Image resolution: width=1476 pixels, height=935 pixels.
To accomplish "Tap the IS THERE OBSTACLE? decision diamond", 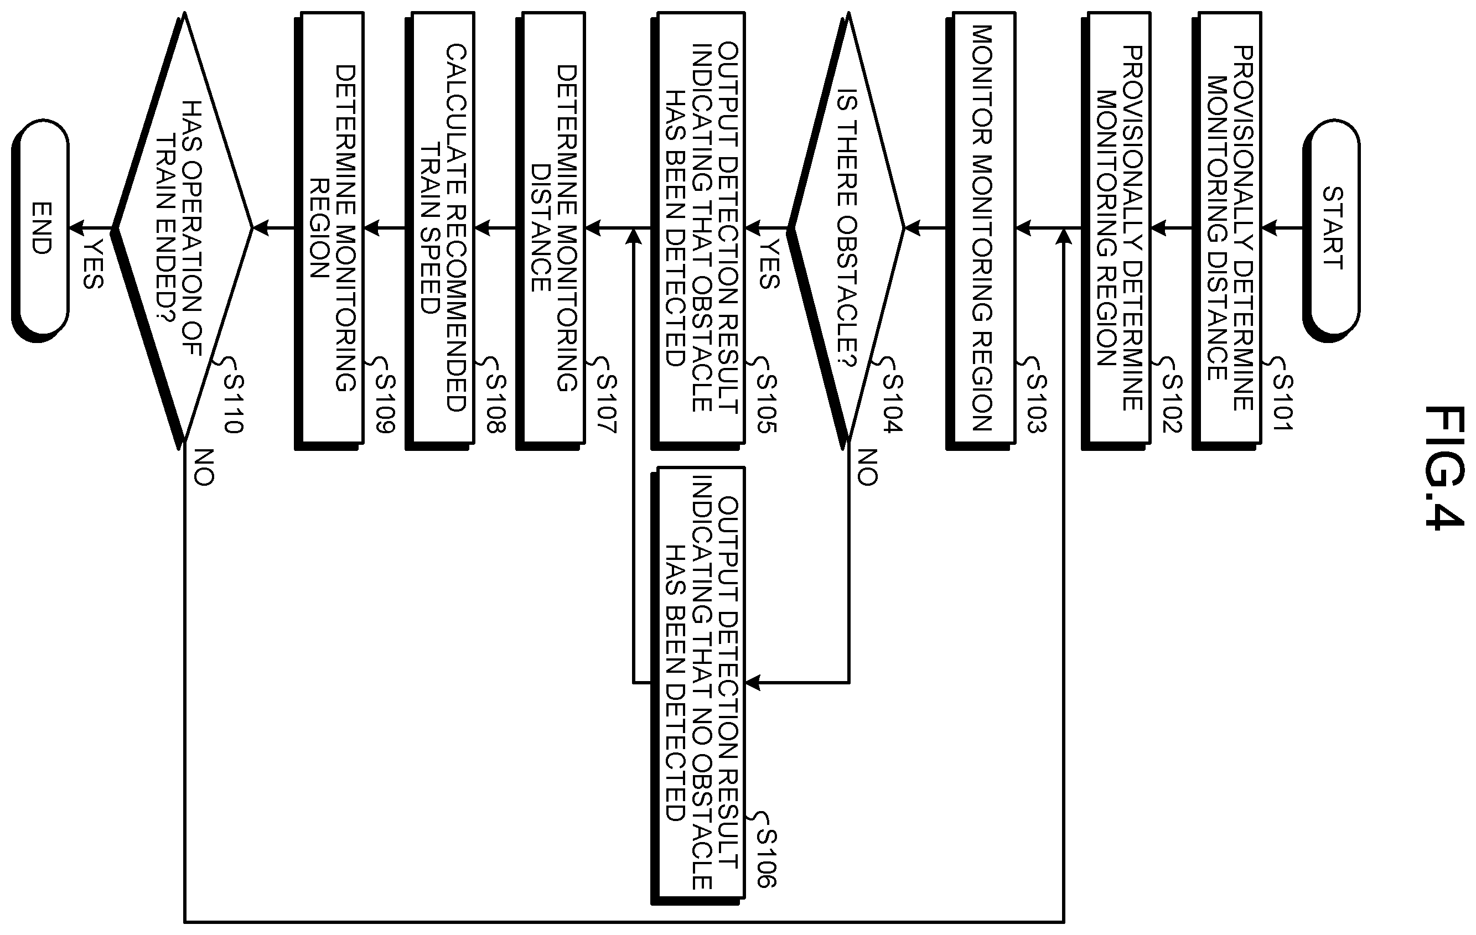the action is coord(846,228).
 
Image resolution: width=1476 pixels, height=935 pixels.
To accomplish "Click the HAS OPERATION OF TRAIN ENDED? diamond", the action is coord(182,228).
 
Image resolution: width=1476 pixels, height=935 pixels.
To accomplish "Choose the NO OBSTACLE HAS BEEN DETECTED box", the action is coord(698,685).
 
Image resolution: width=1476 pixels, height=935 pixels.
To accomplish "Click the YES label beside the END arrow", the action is coord(93,264).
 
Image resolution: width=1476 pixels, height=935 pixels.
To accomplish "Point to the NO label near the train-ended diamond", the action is coord(204,468).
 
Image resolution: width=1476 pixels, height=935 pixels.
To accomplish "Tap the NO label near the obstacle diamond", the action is coord(867,468).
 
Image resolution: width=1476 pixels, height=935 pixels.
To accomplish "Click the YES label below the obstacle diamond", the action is coord(769,264).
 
